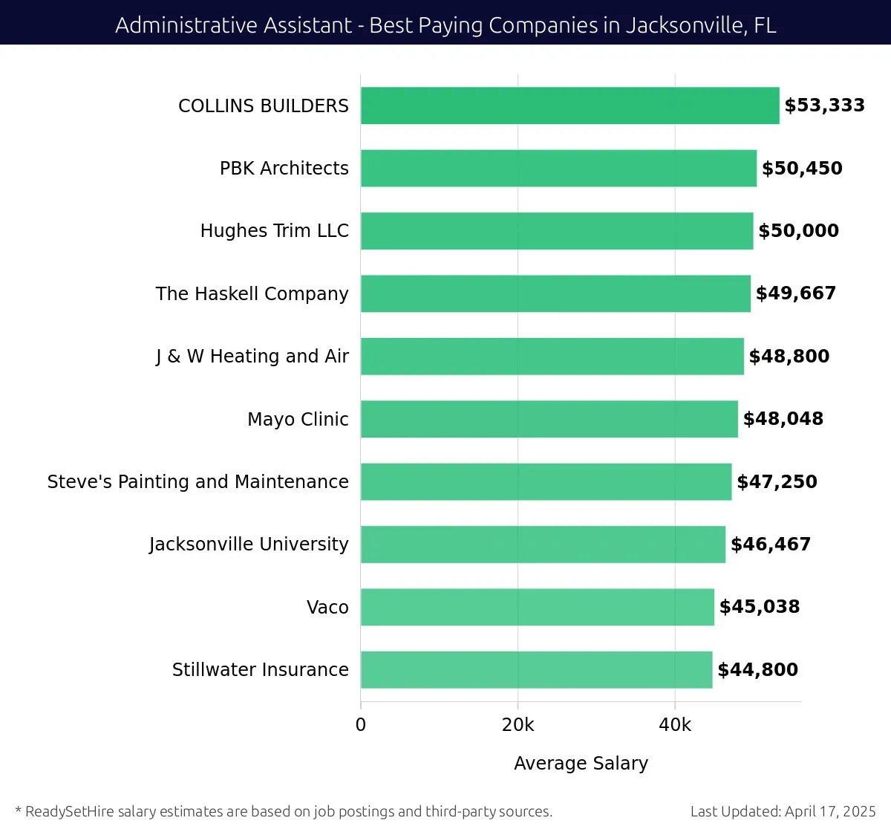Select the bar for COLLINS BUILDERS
click(569, 105)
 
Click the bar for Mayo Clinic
click(549, 419)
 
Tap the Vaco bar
click(537, 607)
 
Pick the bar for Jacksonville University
click(543, 545)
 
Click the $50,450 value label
click(802, 169)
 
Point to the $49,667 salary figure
click(796, 293)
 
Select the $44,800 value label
click(757, 670)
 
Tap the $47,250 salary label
click(777, 482)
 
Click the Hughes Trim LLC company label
click(274, 231)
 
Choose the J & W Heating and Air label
click(252, 357)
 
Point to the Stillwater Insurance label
click(260, 670)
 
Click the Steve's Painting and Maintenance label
click(198, 482)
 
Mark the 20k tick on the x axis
click(518, 725)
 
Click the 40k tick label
click(675, 725)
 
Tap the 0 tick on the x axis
click(361, 725)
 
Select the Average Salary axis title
click(581, 764)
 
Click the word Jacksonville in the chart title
click(683, 25)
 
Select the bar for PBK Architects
click(558, 169)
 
